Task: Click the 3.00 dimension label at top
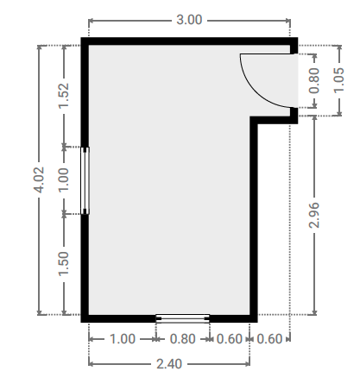point(189,20)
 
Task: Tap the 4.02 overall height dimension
point(39,179)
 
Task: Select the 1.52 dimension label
point(64,96)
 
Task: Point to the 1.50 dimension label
point(64,264)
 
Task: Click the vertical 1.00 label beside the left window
point(64,179)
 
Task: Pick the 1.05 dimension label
point(338,80)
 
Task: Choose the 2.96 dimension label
point(314,215)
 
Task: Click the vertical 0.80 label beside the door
point(314,80)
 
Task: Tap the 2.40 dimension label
point(169,364)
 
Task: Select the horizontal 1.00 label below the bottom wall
point(123,339)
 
